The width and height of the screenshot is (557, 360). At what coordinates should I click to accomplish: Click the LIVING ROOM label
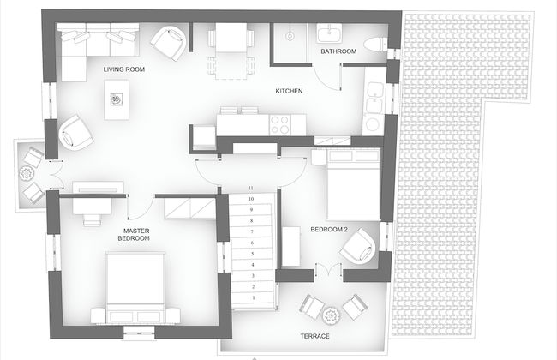(x=123, y=69)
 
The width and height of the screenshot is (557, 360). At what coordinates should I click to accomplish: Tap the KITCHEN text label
(x=288, y=91)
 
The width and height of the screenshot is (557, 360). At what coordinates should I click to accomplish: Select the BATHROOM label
(x=338, y=52)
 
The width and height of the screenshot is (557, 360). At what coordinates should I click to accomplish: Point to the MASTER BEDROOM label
(x=137, y=234)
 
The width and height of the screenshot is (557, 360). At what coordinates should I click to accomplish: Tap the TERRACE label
(x=314, y=335)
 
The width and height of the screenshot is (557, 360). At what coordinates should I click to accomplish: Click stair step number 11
(x=251, y=188)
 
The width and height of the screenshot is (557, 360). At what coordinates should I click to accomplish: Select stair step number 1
(x=251, y=297)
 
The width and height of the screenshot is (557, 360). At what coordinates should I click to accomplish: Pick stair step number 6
(x=251, y=243)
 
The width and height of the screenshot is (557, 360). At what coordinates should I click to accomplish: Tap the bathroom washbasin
(x=329, y=33)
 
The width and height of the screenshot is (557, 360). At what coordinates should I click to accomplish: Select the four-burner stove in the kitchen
(x=282, y=124)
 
